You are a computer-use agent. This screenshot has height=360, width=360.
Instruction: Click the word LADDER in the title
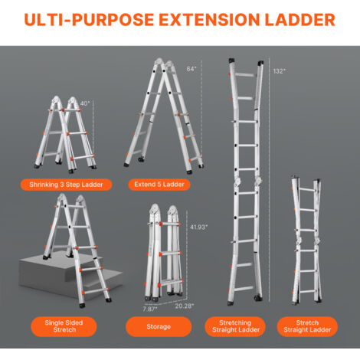coord(300,20)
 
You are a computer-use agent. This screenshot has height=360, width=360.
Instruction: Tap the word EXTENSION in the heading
coord(209,20)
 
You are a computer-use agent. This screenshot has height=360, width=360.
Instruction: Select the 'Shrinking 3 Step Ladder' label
coord(66,185)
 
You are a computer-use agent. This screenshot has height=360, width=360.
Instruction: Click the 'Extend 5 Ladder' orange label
coord(159,185)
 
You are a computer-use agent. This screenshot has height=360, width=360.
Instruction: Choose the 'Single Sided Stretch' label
coord(64,326)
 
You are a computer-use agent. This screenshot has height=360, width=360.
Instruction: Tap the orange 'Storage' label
coord(159,326)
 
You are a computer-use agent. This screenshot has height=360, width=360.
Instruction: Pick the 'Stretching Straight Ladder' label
coord(235,326)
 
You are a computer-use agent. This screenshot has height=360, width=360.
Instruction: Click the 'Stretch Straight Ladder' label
coord(307,326)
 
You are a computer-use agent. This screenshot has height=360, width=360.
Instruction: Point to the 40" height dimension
coord(85,103)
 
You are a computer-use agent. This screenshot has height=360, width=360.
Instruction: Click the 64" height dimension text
coord(191,69)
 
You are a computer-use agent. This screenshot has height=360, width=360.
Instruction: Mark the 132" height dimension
coord(279,71)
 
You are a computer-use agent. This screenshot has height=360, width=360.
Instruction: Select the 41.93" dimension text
coord(198,227)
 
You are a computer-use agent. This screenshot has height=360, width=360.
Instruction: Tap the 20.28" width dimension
coord(185,306)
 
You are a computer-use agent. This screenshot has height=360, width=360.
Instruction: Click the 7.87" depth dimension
coord(150,309)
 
